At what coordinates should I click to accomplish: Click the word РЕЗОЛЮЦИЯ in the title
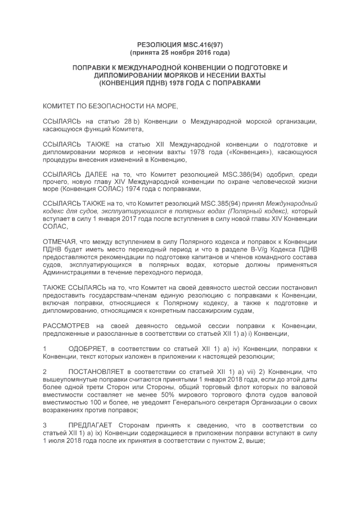tap(159, 44)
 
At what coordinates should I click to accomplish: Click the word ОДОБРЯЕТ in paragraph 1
tap(87, 349)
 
